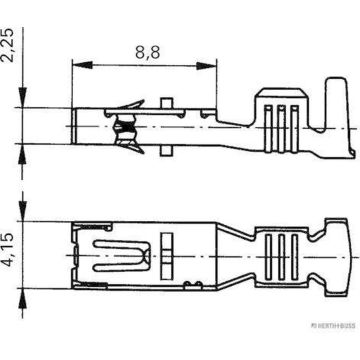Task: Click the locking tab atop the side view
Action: click(165, 101)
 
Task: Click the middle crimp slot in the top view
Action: click(281, 246)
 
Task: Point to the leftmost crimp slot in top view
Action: click(269, 246)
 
